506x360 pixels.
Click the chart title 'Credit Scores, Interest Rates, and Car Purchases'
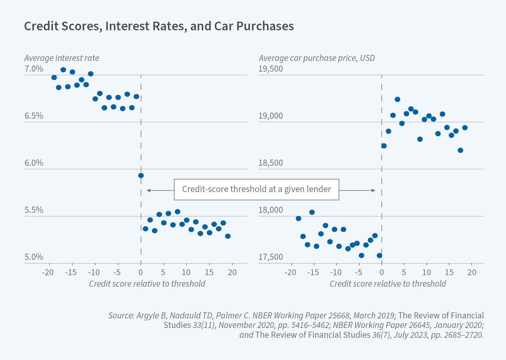tap(159, 26)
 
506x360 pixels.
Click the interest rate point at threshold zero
tap(141, 176)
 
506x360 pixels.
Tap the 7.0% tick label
tap(34, 69)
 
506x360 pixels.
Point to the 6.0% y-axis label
tap(34, 163)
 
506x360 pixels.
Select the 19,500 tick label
tap(270, 69)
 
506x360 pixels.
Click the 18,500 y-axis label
tap(270, 163)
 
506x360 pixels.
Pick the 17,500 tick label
tap(270, 257)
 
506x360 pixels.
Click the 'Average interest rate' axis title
tap(62, 58)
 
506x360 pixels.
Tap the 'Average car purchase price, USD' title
tap(317, 58)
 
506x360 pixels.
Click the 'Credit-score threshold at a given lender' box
tap(256, 189)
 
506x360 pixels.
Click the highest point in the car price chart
tap(397, 99)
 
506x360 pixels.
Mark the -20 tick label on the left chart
tap(47, 272)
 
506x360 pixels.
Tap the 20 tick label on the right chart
tap(472, 272)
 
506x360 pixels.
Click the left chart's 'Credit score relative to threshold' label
tap(147, 284)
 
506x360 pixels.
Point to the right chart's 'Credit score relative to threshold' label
tap(388, 284)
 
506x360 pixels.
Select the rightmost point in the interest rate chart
tap(228, 236)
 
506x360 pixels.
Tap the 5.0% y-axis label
tap(34, 257)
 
